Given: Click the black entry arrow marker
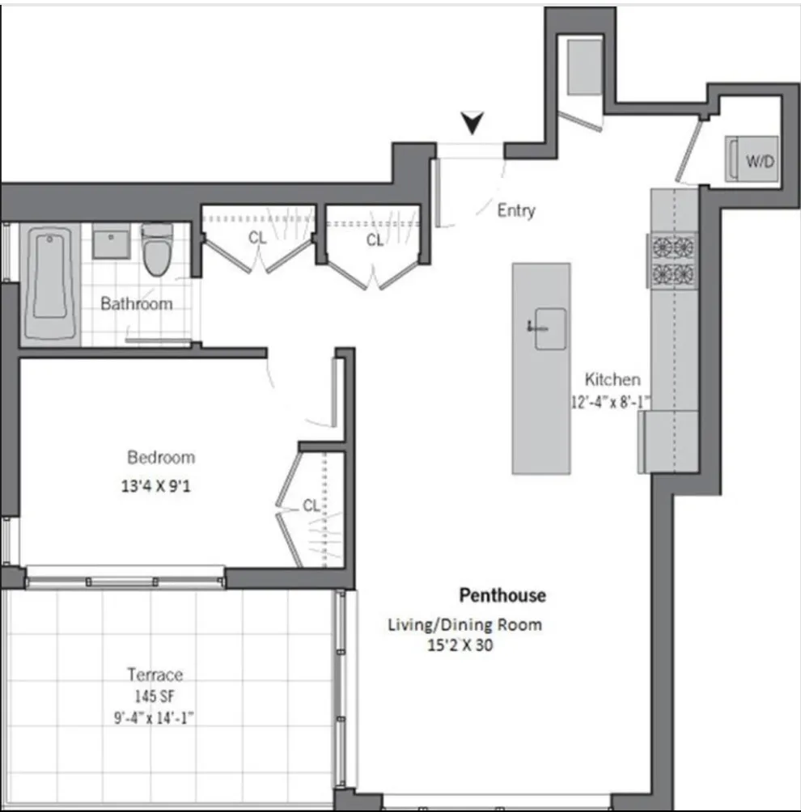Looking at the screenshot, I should [x=473, y=122].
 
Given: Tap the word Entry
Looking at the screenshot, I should [x=515, y=211].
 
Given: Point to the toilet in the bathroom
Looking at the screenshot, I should [x=155, y=250].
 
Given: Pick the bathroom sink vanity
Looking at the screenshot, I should [x=111, y=241].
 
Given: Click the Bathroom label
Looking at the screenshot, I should [x=136, y=304].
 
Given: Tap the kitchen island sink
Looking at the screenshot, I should [x=550, y=328].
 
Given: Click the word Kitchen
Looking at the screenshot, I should [x=612, y=379].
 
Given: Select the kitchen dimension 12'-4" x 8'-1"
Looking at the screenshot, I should [x=612, y=400].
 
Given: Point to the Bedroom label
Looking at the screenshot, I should [x=161, y=458].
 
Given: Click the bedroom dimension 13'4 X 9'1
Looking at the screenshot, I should [x=161, y=488].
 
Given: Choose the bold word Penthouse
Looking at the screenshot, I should [x=502, y=596].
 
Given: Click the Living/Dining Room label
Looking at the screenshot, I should [x=464, y=624].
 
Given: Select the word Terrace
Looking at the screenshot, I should [x=155, y=675].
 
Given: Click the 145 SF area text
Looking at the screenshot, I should [x=155, y=696].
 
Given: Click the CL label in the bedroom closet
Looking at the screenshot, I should [x=311, y=506].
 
